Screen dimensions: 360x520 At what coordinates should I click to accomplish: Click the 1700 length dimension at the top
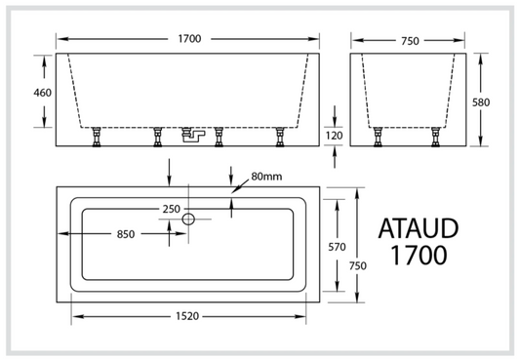point(189,39)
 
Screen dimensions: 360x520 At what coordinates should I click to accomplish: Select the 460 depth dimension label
point(42,93)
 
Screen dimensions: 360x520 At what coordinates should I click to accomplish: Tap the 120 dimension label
point(334,135)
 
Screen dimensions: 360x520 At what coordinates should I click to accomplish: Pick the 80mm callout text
point(266,177)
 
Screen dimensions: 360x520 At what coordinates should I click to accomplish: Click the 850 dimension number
point(125,234)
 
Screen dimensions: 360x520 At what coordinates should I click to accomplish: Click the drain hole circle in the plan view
point(190,220)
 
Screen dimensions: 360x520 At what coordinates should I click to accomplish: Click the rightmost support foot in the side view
point(279,139)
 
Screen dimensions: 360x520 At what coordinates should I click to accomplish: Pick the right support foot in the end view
point(433,139)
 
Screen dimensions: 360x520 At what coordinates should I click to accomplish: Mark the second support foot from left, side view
point(156,139)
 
